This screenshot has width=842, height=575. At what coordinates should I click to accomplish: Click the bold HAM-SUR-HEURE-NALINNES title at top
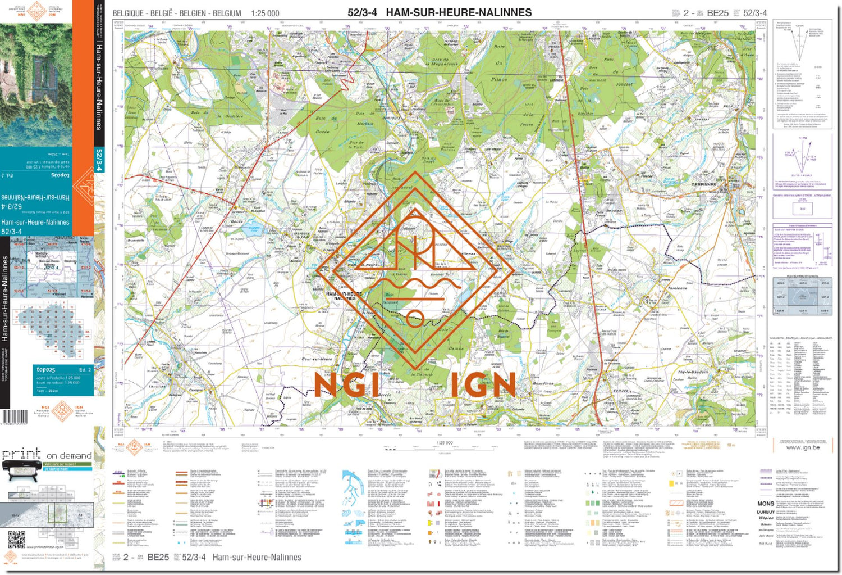(459, 12)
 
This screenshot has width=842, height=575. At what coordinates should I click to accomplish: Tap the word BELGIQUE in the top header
(129, 13)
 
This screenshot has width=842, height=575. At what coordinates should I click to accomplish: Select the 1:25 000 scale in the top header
(265, 13)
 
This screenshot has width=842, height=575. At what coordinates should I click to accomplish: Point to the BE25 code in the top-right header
(717, 13)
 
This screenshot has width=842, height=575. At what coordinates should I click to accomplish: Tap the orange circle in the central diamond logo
(415, 318)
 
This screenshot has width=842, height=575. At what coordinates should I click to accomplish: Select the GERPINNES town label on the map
(703, 184)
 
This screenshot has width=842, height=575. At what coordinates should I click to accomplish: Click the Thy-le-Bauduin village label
(693, 372)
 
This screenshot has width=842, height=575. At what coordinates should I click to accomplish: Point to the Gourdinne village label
(543, 383)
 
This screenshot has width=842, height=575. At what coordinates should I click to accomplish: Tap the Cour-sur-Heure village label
(317, 359)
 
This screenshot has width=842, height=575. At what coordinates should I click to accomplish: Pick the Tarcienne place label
(678, 288)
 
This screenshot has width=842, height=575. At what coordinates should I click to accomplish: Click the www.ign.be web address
(803, 447)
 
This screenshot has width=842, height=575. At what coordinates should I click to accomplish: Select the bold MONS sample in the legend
(765, 504)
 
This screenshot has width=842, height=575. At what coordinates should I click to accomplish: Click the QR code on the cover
(16, 539)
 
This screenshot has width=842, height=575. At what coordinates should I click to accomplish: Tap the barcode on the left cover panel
(15, 417)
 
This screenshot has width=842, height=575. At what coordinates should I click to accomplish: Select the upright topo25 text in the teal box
(46, 369)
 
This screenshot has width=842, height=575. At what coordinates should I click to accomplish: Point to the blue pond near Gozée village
(254, 229)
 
